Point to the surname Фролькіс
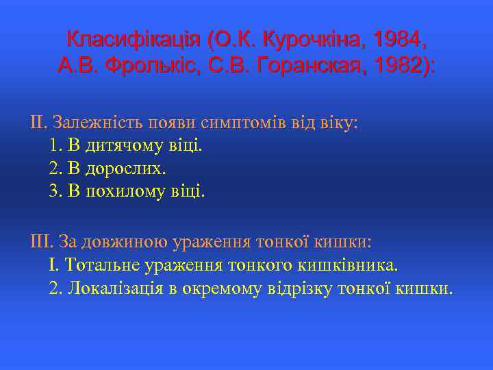[154, 67]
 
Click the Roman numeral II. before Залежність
[38, 124]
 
